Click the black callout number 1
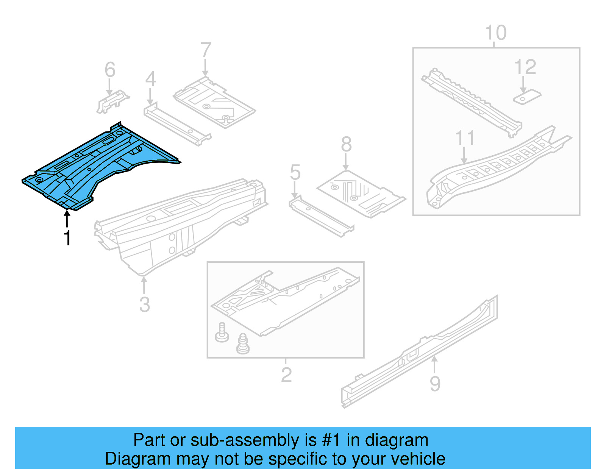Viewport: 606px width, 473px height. pos(67,238)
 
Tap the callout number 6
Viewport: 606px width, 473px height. pos(110,70)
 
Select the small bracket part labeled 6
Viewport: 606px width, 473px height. pos(112,101)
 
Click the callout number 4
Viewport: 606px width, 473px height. pos(150,79)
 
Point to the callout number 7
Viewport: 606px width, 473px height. pos(206,50)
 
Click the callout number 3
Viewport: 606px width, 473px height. pos(144,304)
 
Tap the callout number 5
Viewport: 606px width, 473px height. pos(295,172)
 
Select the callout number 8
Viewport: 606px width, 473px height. pos(346,144)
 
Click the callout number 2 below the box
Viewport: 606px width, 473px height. pos(286,375)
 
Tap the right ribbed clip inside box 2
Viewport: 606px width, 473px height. pos(242,344)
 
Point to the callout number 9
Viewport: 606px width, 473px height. pos(435,384)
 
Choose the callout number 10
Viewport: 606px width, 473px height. pos(495,33)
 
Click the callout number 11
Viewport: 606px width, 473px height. pos(465,138)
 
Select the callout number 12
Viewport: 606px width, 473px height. pos(525,67)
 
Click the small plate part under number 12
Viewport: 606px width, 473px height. pos(527,97)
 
